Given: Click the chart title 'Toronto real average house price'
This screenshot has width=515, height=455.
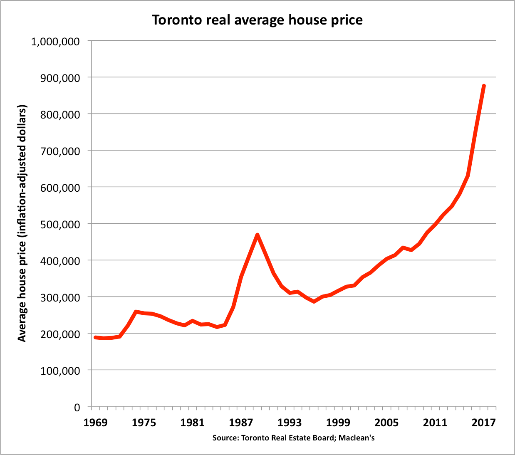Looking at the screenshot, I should tap(257, 20).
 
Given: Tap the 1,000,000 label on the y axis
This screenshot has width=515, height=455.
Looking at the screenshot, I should tap(56, 41).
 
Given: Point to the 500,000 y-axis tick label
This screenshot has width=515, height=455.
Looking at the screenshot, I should tap(60, 224).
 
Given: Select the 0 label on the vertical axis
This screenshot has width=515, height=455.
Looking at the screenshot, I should tap(77, 407).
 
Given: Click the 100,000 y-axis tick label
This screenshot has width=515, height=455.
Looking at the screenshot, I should tap(60, 371).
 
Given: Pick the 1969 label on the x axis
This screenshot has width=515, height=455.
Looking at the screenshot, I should tap(95, 423).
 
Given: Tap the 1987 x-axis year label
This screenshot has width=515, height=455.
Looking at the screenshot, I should tap(241, 423).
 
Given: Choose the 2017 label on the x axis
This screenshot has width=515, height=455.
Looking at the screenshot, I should tap(483, 423).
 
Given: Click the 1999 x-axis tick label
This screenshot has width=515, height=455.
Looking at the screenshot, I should tap(338, 423).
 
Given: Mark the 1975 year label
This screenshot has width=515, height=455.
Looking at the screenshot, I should tap(144, 423).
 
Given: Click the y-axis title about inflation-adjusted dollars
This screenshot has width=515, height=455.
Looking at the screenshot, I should tap(22, 223).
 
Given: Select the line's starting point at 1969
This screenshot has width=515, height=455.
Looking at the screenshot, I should tap(95, 337).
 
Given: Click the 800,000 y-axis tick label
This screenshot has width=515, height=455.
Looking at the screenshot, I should tap(60, 114).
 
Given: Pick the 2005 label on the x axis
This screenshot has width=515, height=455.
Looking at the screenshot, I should tap(386, 423).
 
